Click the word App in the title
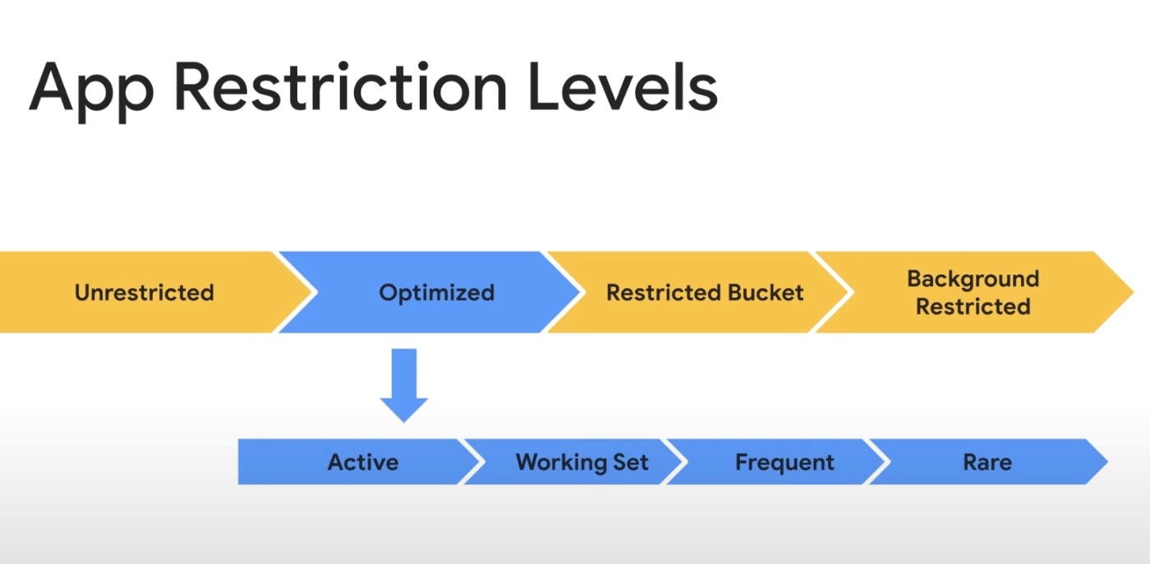(x=91, y=92)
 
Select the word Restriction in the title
(x=341, y=86)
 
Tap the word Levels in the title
(x=623, y=86)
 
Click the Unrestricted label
(x=145, y=292)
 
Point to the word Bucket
(x=766, y=292)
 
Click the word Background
(x=973, y=280)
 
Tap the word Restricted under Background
(x=973, y=307)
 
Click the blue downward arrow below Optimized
(x=404, y=386)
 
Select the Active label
(x=363, y=462)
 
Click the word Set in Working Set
(x=631, y=462)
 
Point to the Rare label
(x=987, y=462)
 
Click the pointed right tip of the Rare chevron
(x=1107, y=462)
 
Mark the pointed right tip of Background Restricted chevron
(x=1133, y=292)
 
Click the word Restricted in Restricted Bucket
(x=664, y=292)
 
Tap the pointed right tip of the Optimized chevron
(x=579, y=292)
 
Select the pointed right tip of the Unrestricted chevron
(x=311, y=292)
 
